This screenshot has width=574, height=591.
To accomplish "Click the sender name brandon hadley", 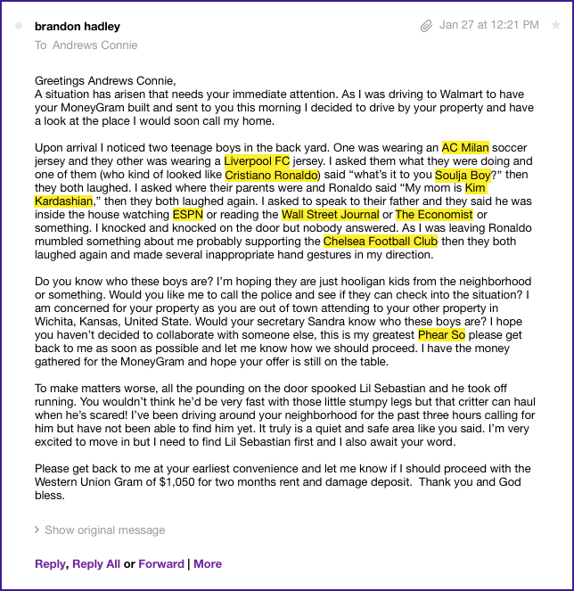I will point(77,27).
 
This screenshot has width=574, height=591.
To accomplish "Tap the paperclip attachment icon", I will point(427,26).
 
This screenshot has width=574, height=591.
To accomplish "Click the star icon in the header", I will point(556,25).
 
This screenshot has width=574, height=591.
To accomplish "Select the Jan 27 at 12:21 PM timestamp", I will point(488,25).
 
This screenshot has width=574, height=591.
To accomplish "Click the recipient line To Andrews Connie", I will point(86,45).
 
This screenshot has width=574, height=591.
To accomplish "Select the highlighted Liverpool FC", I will point(258,161).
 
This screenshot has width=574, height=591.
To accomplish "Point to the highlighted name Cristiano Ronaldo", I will point(272,175).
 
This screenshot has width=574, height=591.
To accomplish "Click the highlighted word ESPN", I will point(187,215).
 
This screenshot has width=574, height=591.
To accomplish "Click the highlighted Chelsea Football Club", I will point(381,242).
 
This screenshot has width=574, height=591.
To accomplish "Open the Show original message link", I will point(104,529).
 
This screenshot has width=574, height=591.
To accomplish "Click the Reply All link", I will point(96,563).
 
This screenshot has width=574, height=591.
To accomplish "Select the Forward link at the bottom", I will point(161,563).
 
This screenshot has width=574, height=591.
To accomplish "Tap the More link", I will point(208,563).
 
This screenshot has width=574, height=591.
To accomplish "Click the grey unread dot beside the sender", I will point(20,27).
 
